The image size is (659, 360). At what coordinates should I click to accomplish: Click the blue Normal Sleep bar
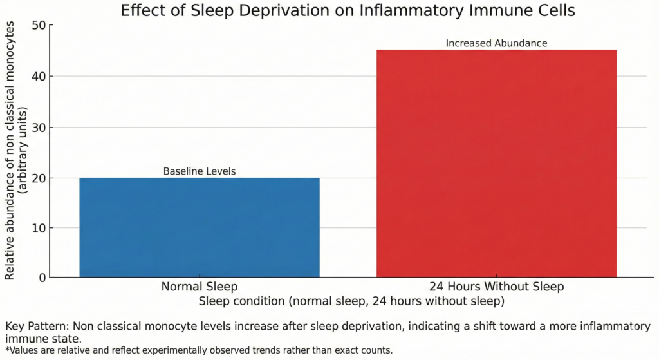click(200, 227)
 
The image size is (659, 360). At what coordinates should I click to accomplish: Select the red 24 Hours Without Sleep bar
click(496, 164)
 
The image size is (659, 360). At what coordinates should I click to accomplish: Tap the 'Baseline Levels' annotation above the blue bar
click(200, 172)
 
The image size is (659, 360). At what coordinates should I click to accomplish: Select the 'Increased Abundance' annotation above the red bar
click(496, 44)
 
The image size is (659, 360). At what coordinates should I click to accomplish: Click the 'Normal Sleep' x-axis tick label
click(200, 287)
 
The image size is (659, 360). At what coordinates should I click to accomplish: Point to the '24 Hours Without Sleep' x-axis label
click(496, 287)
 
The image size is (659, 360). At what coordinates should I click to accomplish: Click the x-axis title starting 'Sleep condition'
click(351, 301)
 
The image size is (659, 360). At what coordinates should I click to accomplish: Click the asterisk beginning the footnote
click(7, 350)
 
